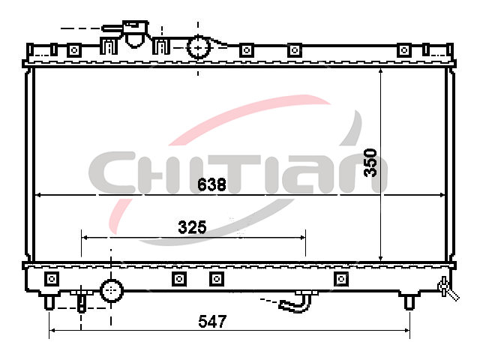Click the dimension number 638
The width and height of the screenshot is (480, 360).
click(211, 184)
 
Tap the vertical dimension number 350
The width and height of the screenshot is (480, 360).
click(370, 163)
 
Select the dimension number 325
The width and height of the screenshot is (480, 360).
click(192, 227)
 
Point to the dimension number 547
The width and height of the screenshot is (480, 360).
click(212, 322)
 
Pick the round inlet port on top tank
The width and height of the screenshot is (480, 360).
click(198, 47)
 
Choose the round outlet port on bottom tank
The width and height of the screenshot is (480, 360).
click(112, 290)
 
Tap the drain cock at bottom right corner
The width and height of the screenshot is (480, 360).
click(448, 289)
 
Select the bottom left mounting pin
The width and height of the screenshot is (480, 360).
click(49, 301)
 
